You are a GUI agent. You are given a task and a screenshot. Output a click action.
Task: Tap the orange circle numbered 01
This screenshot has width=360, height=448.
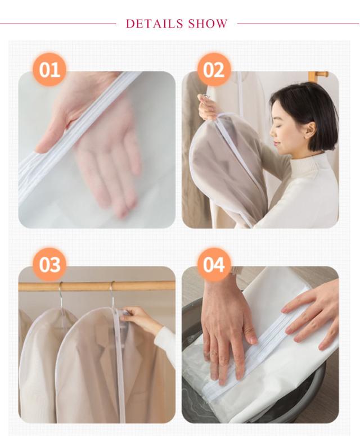[x=49, y=70]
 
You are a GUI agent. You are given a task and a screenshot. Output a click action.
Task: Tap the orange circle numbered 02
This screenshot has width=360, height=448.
[x=214, y=70]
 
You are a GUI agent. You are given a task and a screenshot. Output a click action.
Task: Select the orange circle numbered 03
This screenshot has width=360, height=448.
[x=49, y=265]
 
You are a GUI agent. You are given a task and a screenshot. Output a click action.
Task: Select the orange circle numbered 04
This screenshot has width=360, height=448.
[x=214, y=265]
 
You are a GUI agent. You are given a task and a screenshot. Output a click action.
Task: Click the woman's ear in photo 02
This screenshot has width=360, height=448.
[x=310, y=130]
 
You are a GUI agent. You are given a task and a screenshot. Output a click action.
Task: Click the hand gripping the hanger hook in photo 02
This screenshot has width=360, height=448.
[x=208, y=107]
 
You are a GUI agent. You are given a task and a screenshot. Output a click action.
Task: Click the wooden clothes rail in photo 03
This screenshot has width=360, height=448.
[x=97, y=286]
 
